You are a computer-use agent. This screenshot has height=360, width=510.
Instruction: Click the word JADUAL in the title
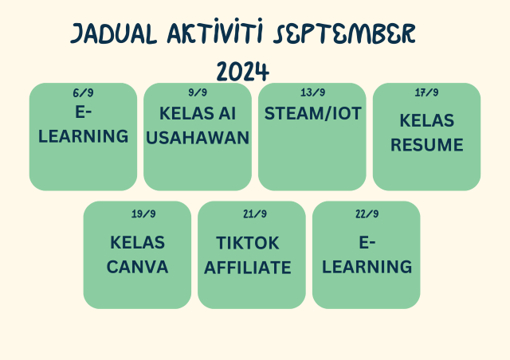(113, 33)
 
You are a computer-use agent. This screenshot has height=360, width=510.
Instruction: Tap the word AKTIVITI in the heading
(215, 31)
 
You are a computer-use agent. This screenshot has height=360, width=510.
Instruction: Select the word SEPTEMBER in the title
(344, 33)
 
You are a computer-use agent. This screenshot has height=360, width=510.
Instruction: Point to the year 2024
(242, 71)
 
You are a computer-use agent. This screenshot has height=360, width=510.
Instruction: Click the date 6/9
(83, 93)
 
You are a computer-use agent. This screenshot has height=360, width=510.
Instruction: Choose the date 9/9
(198, 92)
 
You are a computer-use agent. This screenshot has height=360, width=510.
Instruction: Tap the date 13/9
(312, 92)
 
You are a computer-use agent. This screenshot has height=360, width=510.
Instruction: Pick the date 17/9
(426, 92)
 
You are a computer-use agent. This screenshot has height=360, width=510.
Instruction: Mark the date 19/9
(143, 213)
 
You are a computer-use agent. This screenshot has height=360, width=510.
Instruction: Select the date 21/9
(255, 213)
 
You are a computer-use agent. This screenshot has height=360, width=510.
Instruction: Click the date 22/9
(367, 213)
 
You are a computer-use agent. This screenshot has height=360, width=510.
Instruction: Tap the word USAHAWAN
(198, 138)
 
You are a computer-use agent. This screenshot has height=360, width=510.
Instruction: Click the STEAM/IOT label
(312, 114)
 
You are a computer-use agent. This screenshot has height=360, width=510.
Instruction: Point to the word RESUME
(427, 145)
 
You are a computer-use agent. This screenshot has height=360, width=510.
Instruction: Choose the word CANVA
(137, 267)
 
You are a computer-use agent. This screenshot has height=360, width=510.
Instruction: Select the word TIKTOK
(248, 243)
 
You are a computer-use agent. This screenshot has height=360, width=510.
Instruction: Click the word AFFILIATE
(248, 268)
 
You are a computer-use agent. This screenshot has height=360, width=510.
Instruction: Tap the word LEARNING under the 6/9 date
(83, 136)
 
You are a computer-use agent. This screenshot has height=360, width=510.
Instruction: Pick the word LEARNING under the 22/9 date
(367, 267)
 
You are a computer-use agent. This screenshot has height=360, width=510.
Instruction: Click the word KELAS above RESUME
(427, 120)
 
